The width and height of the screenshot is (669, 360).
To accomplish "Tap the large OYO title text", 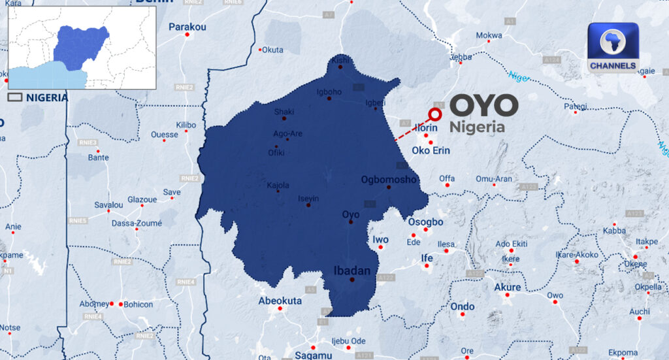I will [x=484, y=106].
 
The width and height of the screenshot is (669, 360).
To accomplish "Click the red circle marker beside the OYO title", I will [x=435, y=114].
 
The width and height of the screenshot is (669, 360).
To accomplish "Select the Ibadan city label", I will [x=352, y=270].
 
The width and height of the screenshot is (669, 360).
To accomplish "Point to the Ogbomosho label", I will [x=388, y=179].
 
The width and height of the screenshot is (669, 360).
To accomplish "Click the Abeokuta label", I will [x=280, y=301].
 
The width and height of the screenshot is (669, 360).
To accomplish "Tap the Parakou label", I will [x=187, y=27].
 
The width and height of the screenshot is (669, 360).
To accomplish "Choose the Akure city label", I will [x=508, y=287].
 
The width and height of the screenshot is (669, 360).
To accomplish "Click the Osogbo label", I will [x=425, y=222].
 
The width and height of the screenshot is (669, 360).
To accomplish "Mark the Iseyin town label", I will [x=308, y=199].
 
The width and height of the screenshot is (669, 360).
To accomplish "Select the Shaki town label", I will [x=284, y=111].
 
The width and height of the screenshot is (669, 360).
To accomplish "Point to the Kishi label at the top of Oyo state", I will [x=340, y=59].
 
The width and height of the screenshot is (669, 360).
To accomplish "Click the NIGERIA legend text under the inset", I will [x=46, y=97].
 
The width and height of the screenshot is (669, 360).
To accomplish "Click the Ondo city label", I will [x=463, y=306].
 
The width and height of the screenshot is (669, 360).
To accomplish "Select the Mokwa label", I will [x=489, y=35].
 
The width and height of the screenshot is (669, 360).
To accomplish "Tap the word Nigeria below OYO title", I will [x=478, y=127].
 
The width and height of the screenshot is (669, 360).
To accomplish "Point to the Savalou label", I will [x=108, y=205].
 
